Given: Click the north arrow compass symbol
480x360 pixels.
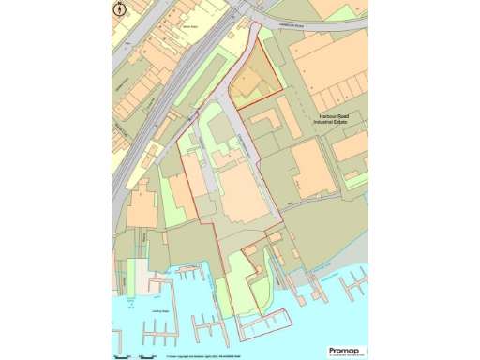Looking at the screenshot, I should pos(119,9).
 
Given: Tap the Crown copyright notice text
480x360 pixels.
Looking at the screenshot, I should pos(202,355).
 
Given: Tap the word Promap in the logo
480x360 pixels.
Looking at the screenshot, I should pos(337,339).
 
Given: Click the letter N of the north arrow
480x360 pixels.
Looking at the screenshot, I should pos(119,9).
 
